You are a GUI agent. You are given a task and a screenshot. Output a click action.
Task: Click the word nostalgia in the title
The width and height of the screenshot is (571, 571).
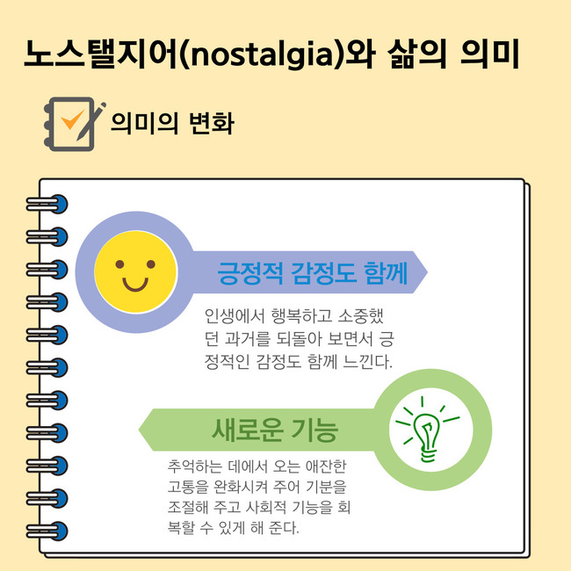[262, 54]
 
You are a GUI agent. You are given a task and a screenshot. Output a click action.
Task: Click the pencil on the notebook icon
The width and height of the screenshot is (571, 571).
[90, 121]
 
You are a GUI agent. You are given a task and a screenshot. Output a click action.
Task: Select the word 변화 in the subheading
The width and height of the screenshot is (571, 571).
[212, 123]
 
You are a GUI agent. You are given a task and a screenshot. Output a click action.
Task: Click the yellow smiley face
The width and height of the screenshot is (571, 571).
[135, 271]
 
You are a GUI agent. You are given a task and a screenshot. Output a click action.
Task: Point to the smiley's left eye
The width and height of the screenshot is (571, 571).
[119, 264]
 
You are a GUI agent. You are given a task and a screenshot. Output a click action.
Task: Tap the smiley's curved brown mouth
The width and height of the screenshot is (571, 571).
[135, 285]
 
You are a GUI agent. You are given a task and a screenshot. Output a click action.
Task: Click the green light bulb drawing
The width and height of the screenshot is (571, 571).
[428, 430]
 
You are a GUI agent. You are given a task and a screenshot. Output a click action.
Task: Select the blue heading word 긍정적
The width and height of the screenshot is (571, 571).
[249, 272]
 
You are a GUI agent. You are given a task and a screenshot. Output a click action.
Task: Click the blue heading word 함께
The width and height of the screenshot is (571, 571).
[386, 272]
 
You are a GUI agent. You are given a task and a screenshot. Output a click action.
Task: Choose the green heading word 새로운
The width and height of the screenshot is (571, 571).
[247, 430]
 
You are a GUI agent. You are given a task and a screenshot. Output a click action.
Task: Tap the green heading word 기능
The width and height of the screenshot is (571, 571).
[315, 430]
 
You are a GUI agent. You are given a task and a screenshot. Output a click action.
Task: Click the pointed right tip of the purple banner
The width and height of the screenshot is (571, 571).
[427, 271]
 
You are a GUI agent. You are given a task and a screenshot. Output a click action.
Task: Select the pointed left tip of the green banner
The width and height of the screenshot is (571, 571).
[139, 430]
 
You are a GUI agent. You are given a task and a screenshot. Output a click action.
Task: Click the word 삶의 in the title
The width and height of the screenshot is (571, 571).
[416, 54]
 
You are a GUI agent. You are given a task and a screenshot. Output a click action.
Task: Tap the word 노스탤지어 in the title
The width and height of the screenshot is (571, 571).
[102, 54]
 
